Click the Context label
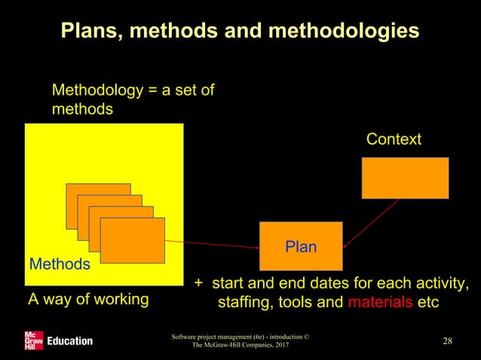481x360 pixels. [394, 139]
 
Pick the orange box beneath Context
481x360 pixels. [405, 178]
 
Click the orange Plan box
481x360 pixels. [300, 246]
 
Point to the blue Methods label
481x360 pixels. [60, 264]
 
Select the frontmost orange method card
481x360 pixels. [133, 240]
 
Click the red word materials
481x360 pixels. [381, 302]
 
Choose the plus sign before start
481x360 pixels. [199, 284]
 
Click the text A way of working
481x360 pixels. [88, 300]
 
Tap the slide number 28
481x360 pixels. [448, 341]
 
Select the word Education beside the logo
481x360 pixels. [69, 341]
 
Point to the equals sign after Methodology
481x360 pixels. [155, 91]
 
